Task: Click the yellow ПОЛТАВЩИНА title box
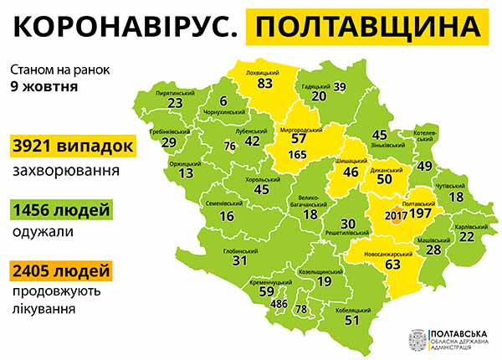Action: [x=370, y=27]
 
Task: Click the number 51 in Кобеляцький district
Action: [x=352, y=319]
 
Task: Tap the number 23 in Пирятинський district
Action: [x=175, y=103]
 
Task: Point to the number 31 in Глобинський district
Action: [x=240, y=260]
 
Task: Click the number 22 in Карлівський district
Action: [x=466, y=237]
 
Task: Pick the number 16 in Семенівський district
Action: [x=226, y=216]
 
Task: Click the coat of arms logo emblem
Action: [x=416, y=339]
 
